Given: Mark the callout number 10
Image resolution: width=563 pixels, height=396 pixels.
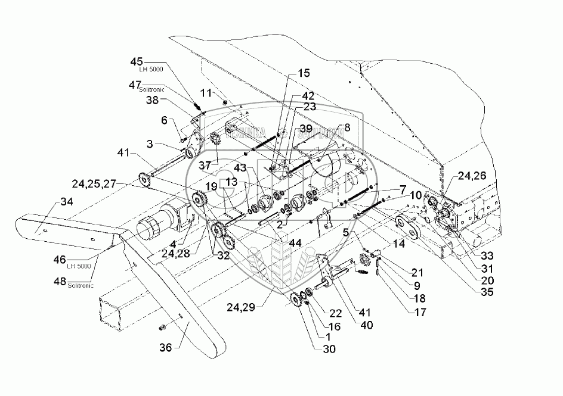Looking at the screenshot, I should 415,195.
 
